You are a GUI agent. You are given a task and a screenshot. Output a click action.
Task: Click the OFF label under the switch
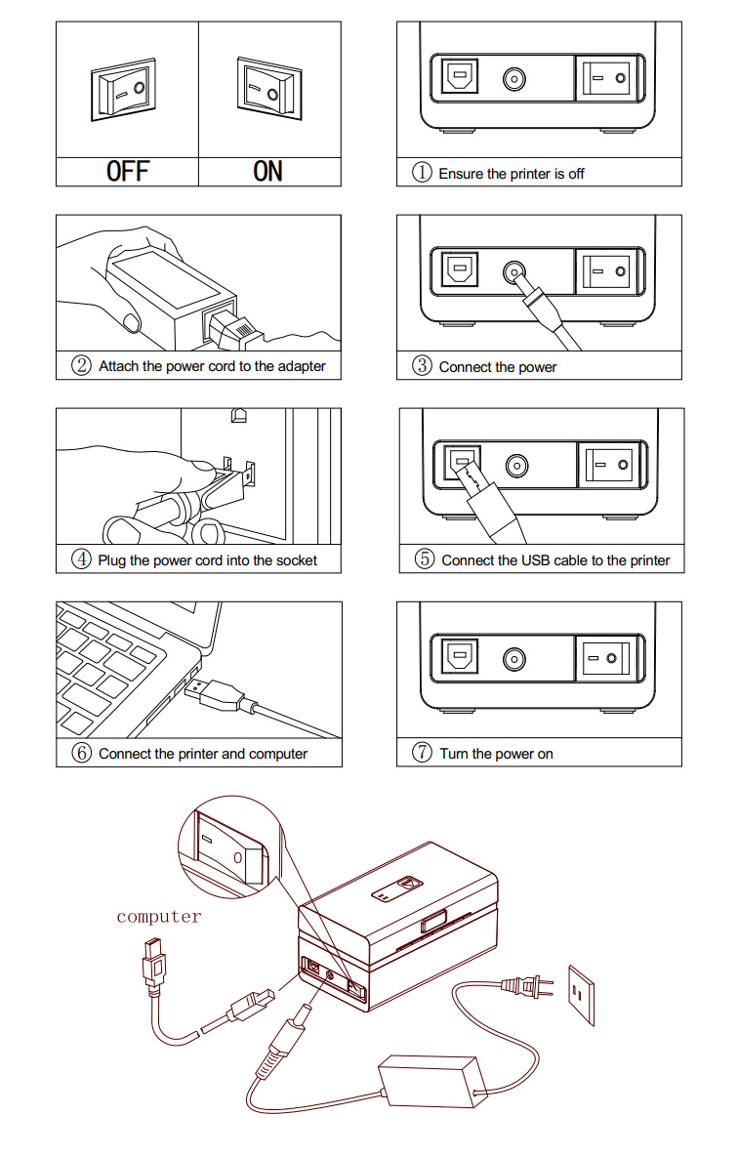(x=128, y=171)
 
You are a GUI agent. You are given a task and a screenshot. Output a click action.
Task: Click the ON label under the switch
(x=267, y=171)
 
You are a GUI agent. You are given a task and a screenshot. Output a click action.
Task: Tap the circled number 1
(x=422, y=173)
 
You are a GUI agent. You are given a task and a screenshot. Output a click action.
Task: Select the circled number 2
(x=81, y=365)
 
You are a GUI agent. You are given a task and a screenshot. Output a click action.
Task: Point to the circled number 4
(x=81, y=559)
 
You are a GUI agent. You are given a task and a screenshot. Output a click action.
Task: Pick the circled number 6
(x=81, y=753)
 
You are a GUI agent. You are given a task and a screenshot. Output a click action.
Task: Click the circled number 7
(x=422, y=753)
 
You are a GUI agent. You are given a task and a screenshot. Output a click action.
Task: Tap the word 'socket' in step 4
(x=296, y=560)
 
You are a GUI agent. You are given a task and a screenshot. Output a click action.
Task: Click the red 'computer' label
(x=159, y=917)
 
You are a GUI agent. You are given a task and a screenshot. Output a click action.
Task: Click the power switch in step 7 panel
(x=606, y=658)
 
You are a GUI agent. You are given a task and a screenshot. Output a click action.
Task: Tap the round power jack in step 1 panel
(x=514, y=79)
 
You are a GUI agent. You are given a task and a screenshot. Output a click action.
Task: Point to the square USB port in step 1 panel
(x=459, y=76)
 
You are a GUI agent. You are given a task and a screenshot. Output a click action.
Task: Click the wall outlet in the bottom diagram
(x=581, y=995)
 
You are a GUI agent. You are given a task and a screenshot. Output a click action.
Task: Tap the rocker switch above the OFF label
(x=123, y=89)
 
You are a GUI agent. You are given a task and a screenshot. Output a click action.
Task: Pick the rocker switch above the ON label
(x=269, y=87)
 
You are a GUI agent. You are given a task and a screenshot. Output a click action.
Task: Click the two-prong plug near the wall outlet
(x=527, y=986)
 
